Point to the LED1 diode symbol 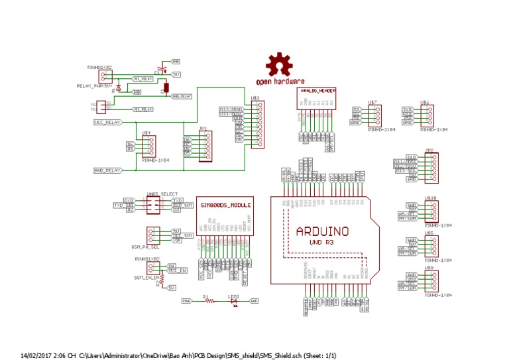(x=234, y=301)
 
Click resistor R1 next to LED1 (x=210, y=301)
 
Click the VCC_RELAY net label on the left (x=107, y=123)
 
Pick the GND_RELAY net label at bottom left (x=107, y=170)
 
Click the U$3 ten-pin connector (x=256, y=125)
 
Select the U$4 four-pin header (x=152, y=147)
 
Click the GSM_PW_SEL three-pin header (x=156, y=235)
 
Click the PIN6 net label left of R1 (x=187, y=301)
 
